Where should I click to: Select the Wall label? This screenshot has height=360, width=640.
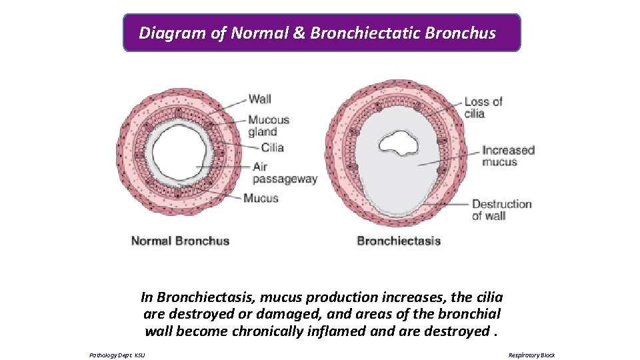pyautogui.click(x=260, y=99)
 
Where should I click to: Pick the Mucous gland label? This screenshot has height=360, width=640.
pyautogui.click(x=269, y=126)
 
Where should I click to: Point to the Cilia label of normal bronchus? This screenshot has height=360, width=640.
pyautogui.click(x=272, y=148)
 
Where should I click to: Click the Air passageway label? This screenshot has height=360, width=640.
pyautogui.click(x=285, y=173)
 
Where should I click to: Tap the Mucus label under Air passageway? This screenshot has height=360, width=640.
pyautogui.click(x=261, y=198)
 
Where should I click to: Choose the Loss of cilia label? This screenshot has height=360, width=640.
pyautogui.click(x=483, y=107)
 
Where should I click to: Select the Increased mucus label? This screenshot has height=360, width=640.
pyautogui.click(x=509, y=156)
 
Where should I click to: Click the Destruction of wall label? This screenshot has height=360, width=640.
pyautogui.click(x=501, y=210)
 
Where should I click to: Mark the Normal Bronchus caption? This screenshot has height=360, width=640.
pyautogui.click(x=180, y=241)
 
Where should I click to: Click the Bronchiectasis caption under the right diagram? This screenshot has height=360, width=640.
pyautogui.click(x=399, y=241)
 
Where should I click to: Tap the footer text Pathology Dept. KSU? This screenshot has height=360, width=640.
pyautogui.click(x=117, y=355)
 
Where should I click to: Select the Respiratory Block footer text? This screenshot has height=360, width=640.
pyautogui.click(x=531, y=355)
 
